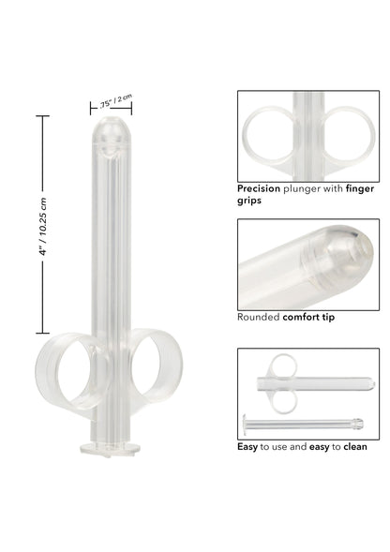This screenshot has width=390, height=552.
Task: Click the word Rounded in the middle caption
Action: [x=261, y=317]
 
